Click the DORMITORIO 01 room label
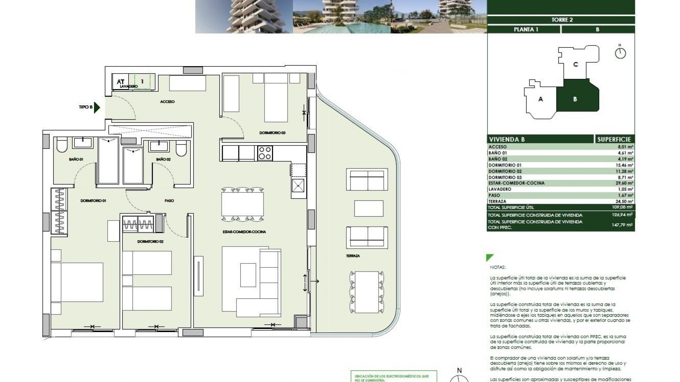pyautogui.click(x=93, y=201)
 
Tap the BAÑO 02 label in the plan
pyautogui.click(x=163, y=160)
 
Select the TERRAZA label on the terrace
pyautogui.click(x=353, y=256)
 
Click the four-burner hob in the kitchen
pyautogui.click(x=265, y=153)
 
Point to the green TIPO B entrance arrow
pyautogui.click(x=97, y=107)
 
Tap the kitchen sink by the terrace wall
pyautogui.click(x=298, y=185)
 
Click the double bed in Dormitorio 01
pyautogui.click(x=77, y=282)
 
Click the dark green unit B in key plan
pyautogui.click(x=576, y=99)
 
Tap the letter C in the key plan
pyautogui.click(x=576, y=64)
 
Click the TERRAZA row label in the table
pyautogui.click(x=497, y=201)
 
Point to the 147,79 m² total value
pyautogui.click(x=622, y=225)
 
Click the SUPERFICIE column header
pyautogui.click(x=614, y=139)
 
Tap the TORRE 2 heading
pyautogui.click(x=562, y=20)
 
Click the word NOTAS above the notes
pyautogui.click(x=498, y=267)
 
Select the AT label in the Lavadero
pyautogui.click(x=120, y=82)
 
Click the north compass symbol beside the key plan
pyautogui.click(x=620, y=53)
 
